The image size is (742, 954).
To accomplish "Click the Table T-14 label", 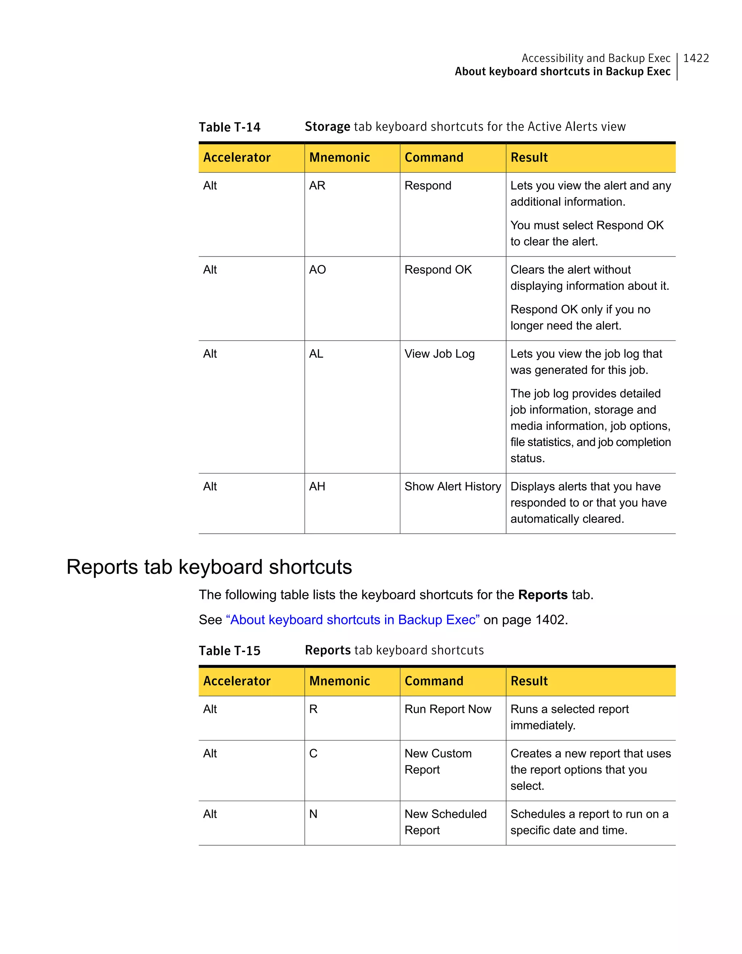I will pos(229,127).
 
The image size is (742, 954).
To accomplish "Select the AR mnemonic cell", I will pos(317,186).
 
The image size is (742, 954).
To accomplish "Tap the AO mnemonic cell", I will pos(317,270).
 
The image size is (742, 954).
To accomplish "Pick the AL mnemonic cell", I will pos(316,354).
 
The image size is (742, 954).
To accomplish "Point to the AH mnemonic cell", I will pos(317,487).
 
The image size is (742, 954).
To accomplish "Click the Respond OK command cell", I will pos(438,270).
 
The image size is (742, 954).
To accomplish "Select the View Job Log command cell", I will pos(439,354).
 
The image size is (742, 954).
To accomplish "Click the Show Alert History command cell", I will pos(453,487).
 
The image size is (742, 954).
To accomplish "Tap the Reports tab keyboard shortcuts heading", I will pos(209,567).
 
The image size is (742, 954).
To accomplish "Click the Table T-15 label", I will pos(229,651).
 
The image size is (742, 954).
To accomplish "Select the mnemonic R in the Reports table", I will pos(313,709).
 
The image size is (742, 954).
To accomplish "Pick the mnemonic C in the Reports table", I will pos(313,754).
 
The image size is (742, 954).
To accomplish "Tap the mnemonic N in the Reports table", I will pos(313,814).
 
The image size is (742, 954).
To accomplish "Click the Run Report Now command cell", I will pos(448,709).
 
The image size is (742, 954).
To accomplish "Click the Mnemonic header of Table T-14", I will pos(339,158).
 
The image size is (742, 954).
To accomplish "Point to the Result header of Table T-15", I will pos(529,681).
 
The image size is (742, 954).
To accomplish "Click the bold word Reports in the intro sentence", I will pos(542,595).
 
